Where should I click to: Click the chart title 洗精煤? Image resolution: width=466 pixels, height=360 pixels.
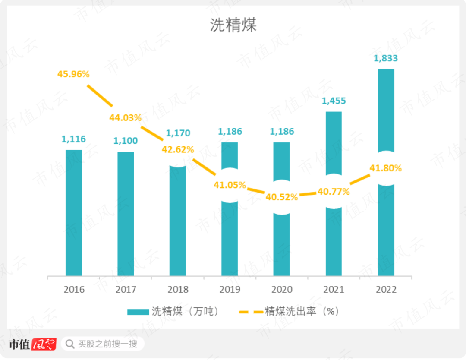tap(233, 25)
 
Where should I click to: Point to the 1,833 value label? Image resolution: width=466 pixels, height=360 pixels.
tap(386, 58)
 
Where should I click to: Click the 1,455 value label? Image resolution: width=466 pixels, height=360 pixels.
tap(334, 101)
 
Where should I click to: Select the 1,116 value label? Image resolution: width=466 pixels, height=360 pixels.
tap(74, 139)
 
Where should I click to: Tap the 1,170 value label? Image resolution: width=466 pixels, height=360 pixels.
tap(177, 133)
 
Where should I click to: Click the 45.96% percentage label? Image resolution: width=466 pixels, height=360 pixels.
tap(73, 74)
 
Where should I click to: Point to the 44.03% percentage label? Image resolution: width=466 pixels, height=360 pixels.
tap(125, 117)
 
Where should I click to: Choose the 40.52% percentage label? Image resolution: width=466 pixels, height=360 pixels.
tap(282, 197)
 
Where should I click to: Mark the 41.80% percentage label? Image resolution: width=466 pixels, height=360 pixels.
tap(386, 168)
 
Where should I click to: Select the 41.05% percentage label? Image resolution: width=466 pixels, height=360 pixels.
tap(230, 185)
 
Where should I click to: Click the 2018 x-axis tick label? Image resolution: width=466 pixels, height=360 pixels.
tap(178, 289)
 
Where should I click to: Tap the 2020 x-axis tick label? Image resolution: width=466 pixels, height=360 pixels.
tap(282, 289)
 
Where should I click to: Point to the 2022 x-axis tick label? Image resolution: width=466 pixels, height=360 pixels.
tap(386, 289)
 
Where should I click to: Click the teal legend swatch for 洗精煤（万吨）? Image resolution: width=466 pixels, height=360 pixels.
tap(138, 312)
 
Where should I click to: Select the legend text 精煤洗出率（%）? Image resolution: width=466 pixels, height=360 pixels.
tap(302, 311)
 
